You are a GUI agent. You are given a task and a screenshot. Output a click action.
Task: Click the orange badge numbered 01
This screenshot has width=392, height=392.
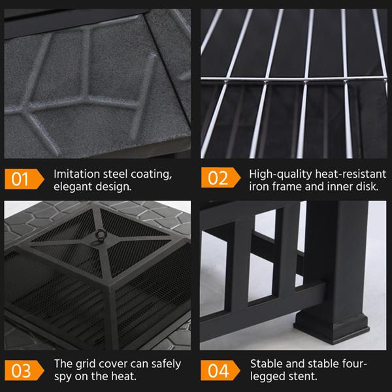tap(22, 179)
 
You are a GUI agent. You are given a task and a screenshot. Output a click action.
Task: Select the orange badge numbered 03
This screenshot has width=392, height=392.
tap(22, 370)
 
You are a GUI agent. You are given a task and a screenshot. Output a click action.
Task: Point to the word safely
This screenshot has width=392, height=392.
tap(164, 364)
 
